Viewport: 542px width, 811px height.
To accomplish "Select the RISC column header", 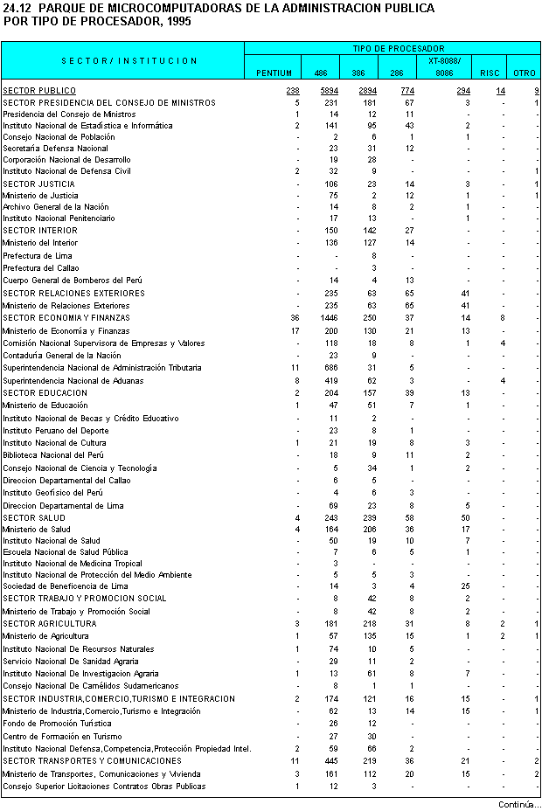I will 490,73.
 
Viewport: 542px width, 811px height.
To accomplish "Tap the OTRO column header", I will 524,73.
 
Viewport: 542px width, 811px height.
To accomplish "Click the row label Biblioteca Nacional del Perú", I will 52,455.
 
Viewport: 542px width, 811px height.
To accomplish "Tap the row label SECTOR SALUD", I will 34,518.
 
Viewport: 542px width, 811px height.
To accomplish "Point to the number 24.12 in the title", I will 18,8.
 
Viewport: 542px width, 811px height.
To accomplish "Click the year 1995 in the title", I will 175,20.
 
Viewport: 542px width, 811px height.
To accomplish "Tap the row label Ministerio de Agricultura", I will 45,636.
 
